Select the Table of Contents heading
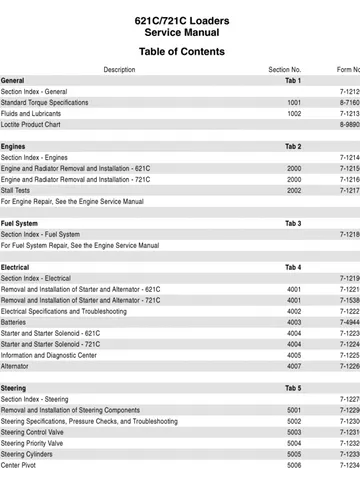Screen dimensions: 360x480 181,51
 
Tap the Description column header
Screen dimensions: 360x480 119,70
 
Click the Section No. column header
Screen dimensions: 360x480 285,70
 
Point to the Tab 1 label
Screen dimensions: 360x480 293,80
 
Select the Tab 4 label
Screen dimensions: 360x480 293,267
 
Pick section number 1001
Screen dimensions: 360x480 294,102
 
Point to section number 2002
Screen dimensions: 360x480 294,190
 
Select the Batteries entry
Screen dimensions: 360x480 15,322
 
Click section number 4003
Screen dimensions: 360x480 294,322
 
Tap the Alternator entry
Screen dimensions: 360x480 17,366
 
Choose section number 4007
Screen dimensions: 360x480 294,366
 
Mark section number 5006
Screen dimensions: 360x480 294,465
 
